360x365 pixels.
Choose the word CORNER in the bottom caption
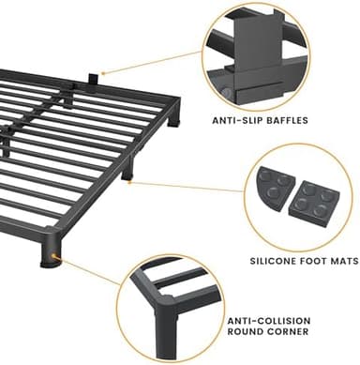pos(292,333)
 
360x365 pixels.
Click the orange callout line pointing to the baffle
pos(150,62)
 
